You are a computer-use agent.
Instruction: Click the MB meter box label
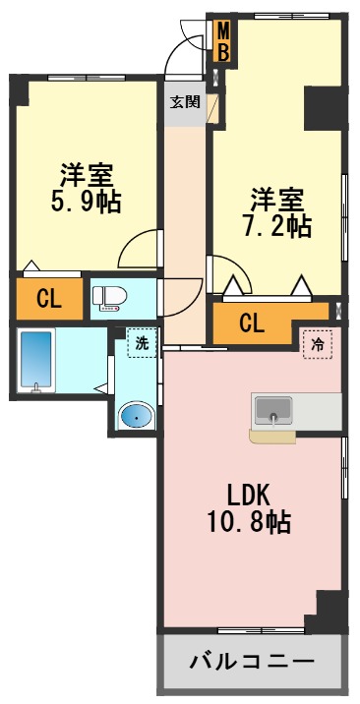(223, 42)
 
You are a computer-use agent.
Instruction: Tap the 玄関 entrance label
(184, 101)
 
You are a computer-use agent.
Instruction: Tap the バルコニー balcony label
(252, 660)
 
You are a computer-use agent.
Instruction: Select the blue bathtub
(36, 362)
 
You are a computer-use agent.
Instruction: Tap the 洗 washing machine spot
(144, 344)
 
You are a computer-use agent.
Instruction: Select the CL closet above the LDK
(252, 322)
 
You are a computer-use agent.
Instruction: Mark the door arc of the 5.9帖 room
(140, 249)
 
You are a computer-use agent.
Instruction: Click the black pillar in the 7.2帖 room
(322, 107)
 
